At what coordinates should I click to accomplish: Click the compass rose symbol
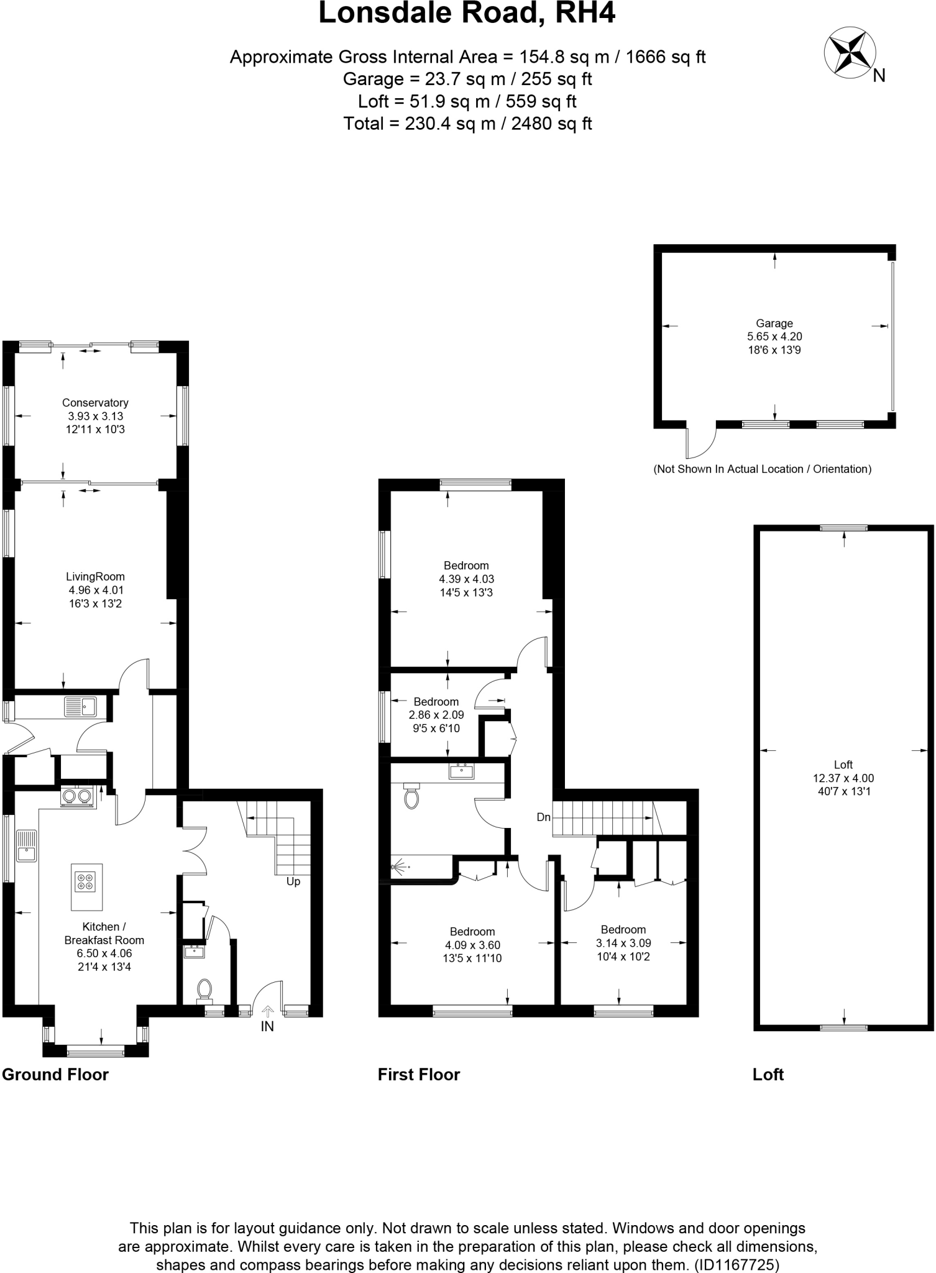(x=849, y=54)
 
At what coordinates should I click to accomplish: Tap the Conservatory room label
(x=95, y=403)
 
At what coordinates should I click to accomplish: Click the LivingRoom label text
(x=95, y=577)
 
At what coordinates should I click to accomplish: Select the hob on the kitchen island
(x=86, y=881)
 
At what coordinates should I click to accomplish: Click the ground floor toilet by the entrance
(x=204, y=989)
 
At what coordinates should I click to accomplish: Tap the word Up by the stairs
(x=293, y=881)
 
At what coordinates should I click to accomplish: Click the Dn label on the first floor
(x=544, y=817)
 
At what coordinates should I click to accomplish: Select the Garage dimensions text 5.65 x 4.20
(x=774, y=337)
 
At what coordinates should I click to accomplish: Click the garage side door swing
(x=700, y=442)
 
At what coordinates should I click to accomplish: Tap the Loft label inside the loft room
(x=843, y=765)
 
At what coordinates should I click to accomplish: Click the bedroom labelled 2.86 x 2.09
(x=436, y=715)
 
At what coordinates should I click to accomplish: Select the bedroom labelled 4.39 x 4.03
(x=466, y=579)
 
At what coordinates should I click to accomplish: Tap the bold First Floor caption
(x=419, y=1075)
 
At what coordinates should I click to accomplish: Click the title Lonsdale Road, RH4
(x=467, y=14)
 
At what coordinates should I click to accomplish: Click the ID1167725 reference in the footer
(x=737, y=1264)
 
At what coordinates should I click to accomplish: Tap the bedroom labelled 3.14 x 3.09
(x=623, y=943)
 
